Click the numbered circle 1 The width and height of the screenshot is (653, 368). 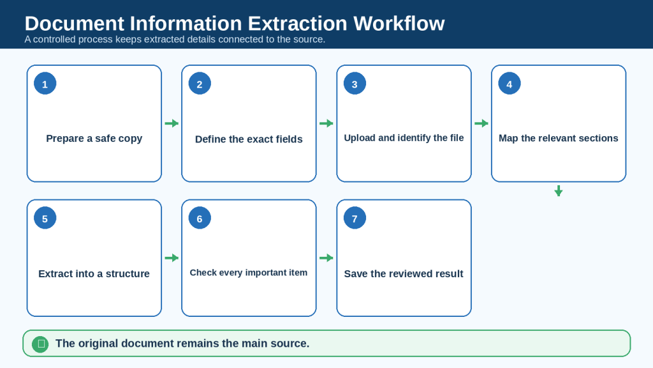tap(45, 84)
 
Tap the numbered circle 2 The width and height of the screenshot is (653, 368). tap(200, 84)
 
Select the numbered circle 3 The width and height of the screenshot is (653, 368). tap(355, 84)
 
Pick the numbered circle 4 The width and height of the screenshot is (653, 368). tap(509, 84)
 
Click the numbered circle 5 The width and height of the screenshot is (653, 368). tap(45, 218)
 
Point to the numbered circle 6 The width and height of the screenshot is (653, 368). tap(200, 218)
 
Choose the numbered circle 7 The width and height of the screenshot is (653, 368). tap(355, 218)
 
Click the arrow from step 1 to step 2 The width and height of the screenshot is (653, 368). tap(172, 123)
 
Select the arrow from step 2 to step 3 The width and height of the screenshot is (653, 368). tap(326, 123)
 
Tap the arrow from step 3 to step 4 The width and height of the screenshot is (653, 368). tap(481, 123)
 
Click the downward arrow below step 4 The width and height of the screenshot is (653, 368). tap(559, 190)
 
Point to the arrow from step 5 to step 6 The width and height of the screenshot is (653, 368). tap(172, 258)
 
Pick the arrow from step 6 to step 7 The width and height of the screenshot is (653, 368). tap(326, 258)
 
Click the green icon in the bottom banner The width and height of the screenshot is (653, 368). tap(40, 344)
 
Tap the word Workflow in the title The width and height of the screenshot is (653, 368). tap(399, 24)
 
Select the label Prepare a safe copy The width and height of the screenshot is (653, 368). tap(94, 139)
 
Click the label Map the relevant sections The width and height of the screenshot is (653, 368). tap(559, 138)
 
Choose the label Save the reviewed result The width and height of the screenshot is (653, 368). tap(404, 273)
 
